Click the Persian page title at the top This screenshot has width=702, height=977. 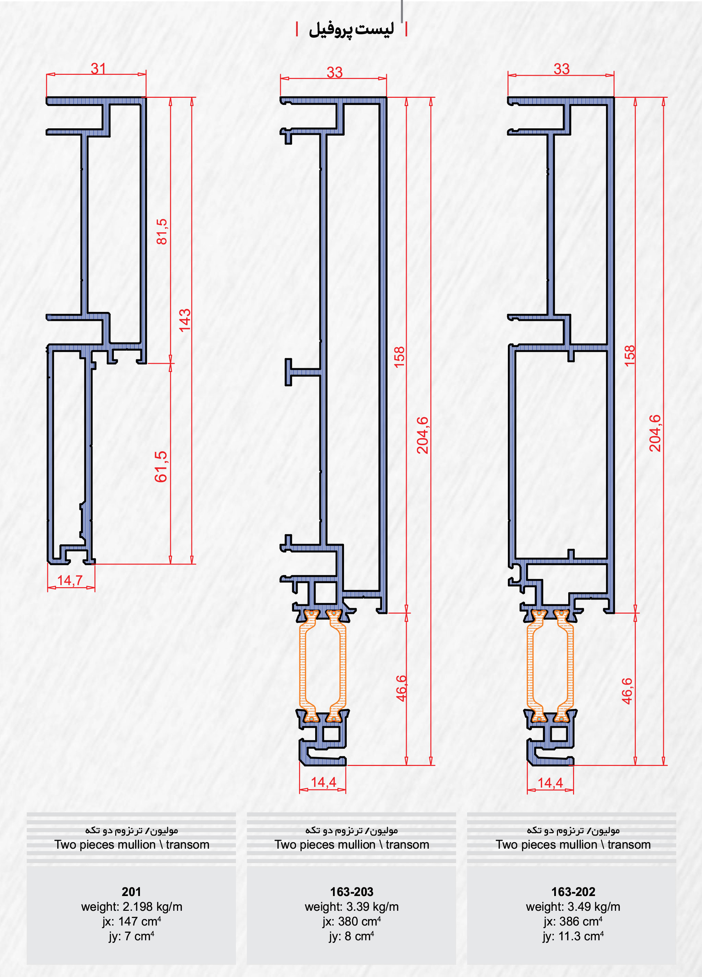pyautogui.click(x=351, y=29)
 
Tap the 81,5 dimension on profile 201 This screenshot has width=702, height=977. pyautogui.click(x=162, y=232)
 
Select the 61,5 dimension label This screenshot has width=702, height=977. pyautogui.click(x=160, y=466)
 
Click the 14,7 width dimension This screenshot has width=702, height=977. pyautogui.click(x=70, y=580)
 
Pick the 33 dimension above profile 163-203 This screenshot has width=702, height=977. pyautogui.click(x=334, y=72)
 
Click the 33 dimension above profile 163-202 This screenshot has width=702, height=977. pyautogui.click(x=562, y=69)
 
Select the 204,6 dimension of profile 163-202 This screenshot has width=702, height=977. pyautogui.click(x=655, y=433)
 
